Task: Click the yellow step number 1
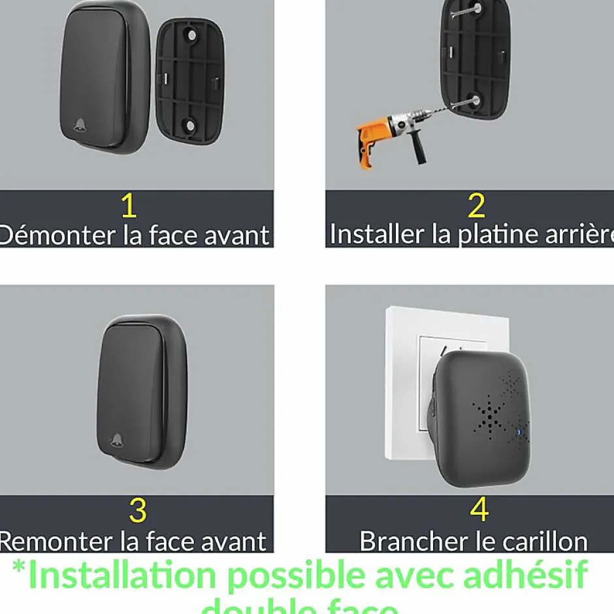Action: pyautogui.click(x=129, y=206)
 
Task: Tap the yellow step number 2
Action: pyautogui.click(x=477, y=206)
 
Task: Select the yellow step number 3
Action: pyautogui.click(x=137, y=511)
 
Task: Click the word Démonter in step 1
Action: pyautogui.click(x=59, y=234)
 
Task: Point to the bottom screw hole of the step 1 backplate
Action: pyautogui.click(x=189, y=123)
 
